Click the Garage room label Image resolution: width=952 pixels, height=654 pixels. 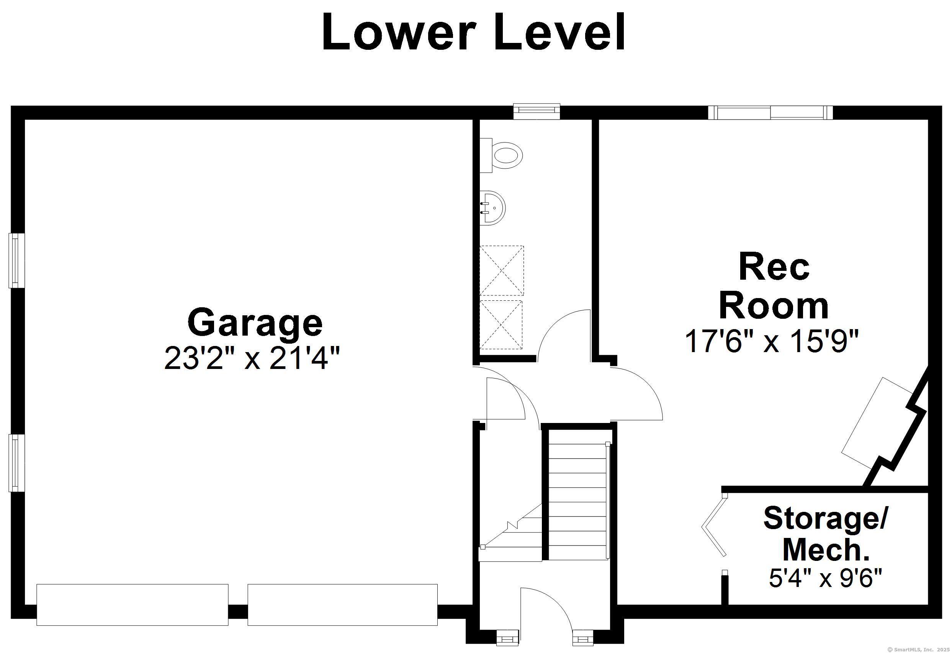coord(255,323)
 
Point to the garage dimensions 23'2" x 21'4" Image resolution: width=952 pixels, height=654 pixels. coord(252,358)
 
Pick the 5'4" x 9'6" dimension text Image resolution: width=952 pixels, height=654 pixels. coord(825,578)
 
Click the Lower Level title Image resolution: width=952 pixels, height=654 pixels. coord(474,32)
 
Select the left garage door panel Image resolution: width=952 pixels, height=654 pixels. coord(132,605)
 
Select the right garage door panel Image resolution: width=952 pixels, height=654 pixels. coord(342,605)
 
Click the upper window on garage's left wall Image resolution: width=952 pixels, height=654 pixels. coord(17,260)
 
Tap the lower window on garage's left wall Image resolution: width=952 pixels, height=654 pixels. coord(17,463)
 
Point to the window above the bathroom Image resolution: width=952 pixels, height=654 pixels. coord(537,111)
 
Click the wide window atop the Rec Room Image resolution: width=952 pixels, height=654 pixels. coord(770,112)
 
